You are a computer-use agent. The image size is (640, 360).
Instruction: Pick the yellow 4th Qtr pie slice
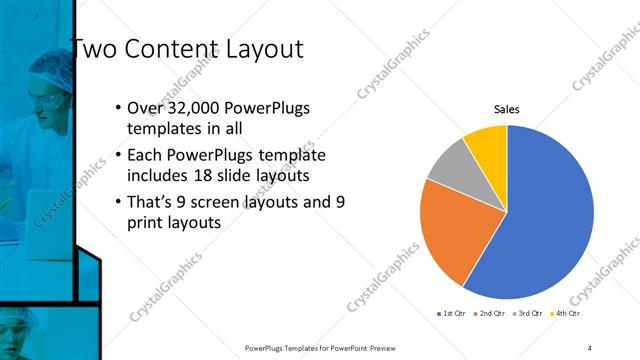pyautogui.click(x=488, y=143)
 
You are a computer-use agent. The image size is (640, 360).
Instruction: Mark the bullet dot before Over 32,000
pyautogui.click(x=118, y=108)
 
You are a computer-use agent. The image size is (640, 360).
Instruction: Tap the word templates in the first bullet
pyautogui.click(x=163, y=129)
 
